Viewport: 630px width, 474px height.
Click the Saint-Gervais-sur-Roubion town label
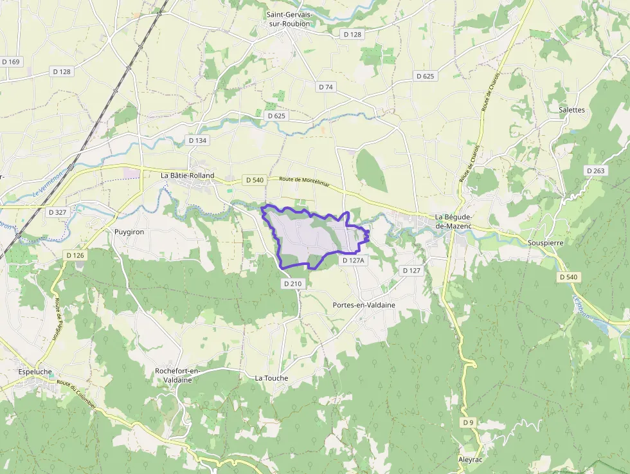288,19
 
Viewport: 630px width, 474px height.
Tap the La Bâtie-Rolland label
187,175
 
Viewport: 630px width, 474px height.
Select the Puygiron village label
129,232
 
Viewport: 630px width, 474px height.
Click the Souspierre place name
544,243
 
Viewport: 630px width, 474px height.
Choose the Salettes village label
571,110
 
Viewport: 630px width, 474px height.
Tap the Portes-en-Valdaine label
364,305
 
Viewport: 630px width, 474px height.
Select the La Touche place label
271,378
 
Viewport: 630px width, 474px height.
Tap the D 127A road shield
354,260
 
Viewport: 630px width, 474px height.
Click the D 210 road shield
292,284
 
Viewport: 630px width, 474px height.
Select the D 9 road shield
468,423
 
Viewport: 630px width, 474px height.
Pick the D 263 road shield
596,170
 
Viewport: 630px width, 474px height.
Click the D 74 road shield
326,87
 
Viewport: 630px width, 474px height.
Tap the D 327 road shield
58,212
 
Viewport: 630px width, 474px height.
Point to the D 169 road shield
11,62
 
